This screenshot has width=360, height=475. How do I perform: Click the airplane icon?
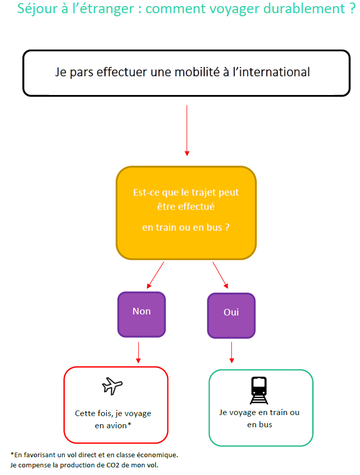click(x=112, y=386)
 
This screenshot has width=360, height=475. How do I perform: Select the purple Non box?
click(x=141, y=314)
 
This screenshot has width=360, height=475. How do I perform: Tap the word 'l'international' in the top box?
click(x=273, y=72)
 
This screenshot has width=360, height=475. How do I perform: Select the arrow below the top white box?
click(x=187, y=130)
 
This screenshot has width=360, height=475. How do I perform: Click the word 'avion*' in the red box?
click(x=121, y=426)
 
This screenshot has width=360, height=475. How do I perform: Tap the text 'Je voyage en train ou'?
click(x=259, y=413)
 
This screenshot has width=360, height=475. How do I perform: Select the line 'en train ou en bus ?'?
click(x=186, y=228)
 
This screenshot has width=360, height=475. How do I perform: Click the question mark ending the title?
click(x=351, y=10)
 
